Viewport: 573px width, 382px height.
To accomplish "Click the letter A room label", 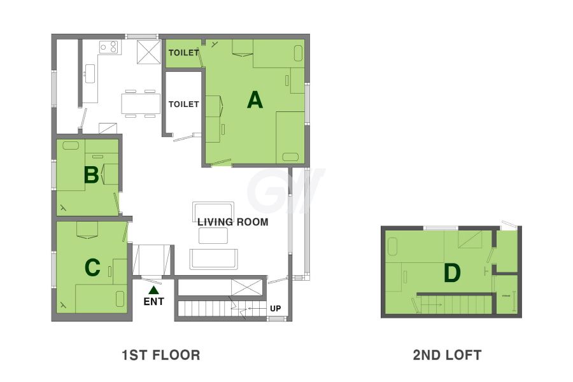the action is (255, 100).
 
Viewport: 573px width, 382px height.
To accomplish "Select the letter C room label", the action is (92, 267).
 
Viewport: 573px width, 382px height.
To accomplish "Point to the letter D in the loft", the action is (451, 273).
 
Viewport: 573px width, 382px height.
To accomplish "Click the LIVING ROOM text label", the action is (233, 222).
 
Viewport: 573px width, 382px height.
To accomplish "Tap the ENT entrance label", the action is (154, 301).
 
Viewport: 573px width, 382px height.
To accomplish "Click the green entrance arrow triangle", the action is (154, 290).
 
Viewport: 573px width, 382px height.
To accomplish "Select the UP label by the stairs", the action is (276, 308).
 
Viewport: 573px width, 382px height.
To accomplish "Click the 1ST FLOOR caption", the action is (161, 355).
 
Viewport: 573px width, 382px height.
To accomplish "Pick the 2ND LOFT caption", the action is (448, 355).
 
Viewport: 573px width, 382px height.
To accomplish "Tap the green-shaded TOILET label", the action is (183, 53).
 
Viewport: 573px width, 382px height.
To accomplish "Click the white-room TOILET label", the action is (183, 104).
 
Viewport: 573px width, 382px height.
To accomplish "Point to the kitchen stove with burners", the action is (110, 47).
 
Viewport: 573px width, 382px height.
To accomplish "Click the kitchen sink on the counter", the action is (90, 74).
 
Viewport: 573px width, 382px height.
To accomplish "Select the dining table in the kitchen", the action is (141, 103).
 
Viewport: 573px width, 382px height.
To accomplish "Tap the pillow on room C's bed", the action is (120, 299).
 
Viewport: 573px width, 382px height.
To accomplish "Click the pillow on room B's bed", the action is (71, 145).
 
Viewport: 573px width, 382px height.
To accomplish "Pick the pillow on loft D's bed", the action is (392, 247).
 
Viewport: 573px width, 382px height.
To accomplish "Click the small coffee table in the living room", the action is (213, 236).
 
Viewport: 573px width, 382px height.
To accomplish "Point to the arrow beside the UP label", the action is (257, 309).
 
